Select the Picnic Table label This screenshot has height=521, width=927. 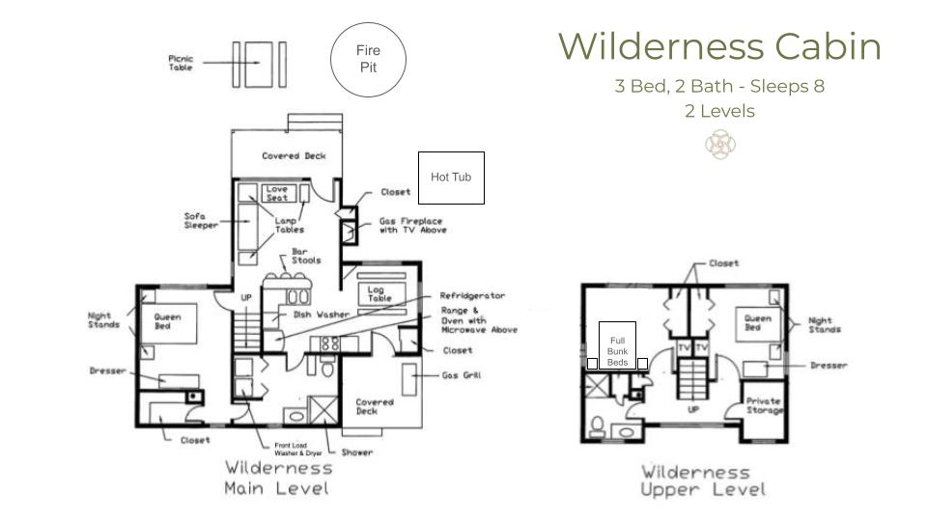pyautogui.click(x=181, y=64)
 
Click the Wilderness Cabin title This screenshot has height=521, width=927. pyautogui.click(x=719, y=46)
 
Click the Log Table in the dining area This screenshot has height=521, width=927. pyautogui.click(x=382, y=293)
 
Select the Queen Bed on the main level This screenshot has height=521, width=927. pyautogui.click(x=168, y=324)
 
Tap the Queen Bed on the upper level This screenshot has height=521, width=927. pyautogui.click(x=759, y=324)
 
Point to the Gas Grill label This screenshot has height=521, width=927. pyautogui.click(x=462, y=375)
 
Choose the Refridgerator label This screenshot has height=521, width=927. pyautogui.click(x=472, y=295)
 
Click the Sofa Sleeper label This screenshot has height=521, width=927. pyautogui.click(x=201, y=220)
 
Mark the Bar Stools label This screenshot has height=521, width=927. pyautogui.click(x=306, y=256)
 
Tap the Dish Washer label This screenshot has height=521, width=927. pyautogui.click(x=321, y=315)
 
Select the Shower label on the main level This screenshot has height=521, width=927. pyautogui.click(x=357, y=452)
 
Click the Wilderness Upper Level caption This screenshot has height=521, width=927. pyautogui.click(x=702, y=480)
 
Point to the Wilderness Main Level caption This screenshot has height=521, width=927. pyautogui.click(x=278, y=478)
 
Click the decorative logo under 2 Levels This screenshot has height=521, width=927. pyautogui.click(x=720, y=145)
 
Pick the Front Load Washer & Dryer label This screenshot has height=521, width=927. pyautogui.click(x=298, y=450)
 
